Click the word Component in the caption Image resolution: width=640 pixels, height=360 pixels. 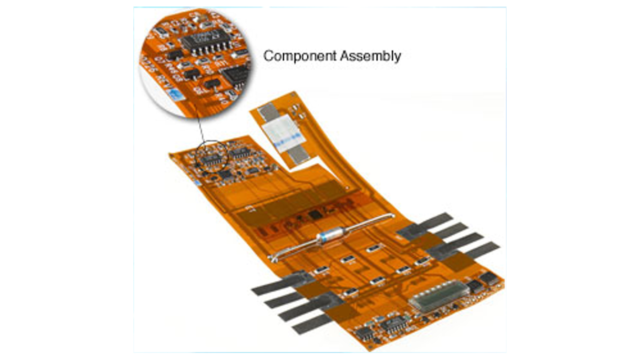click(300, 56)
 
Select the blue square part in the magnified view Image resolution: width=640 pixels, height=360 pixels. click(174, 95)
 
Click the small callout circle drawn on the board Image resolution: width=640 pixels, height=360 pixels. click(212, 156)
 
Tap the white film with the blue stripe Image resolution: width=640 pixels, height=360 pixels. click(282, 132)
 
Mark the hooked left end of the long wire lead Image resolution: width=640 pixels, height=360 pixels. click(272, 258)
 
